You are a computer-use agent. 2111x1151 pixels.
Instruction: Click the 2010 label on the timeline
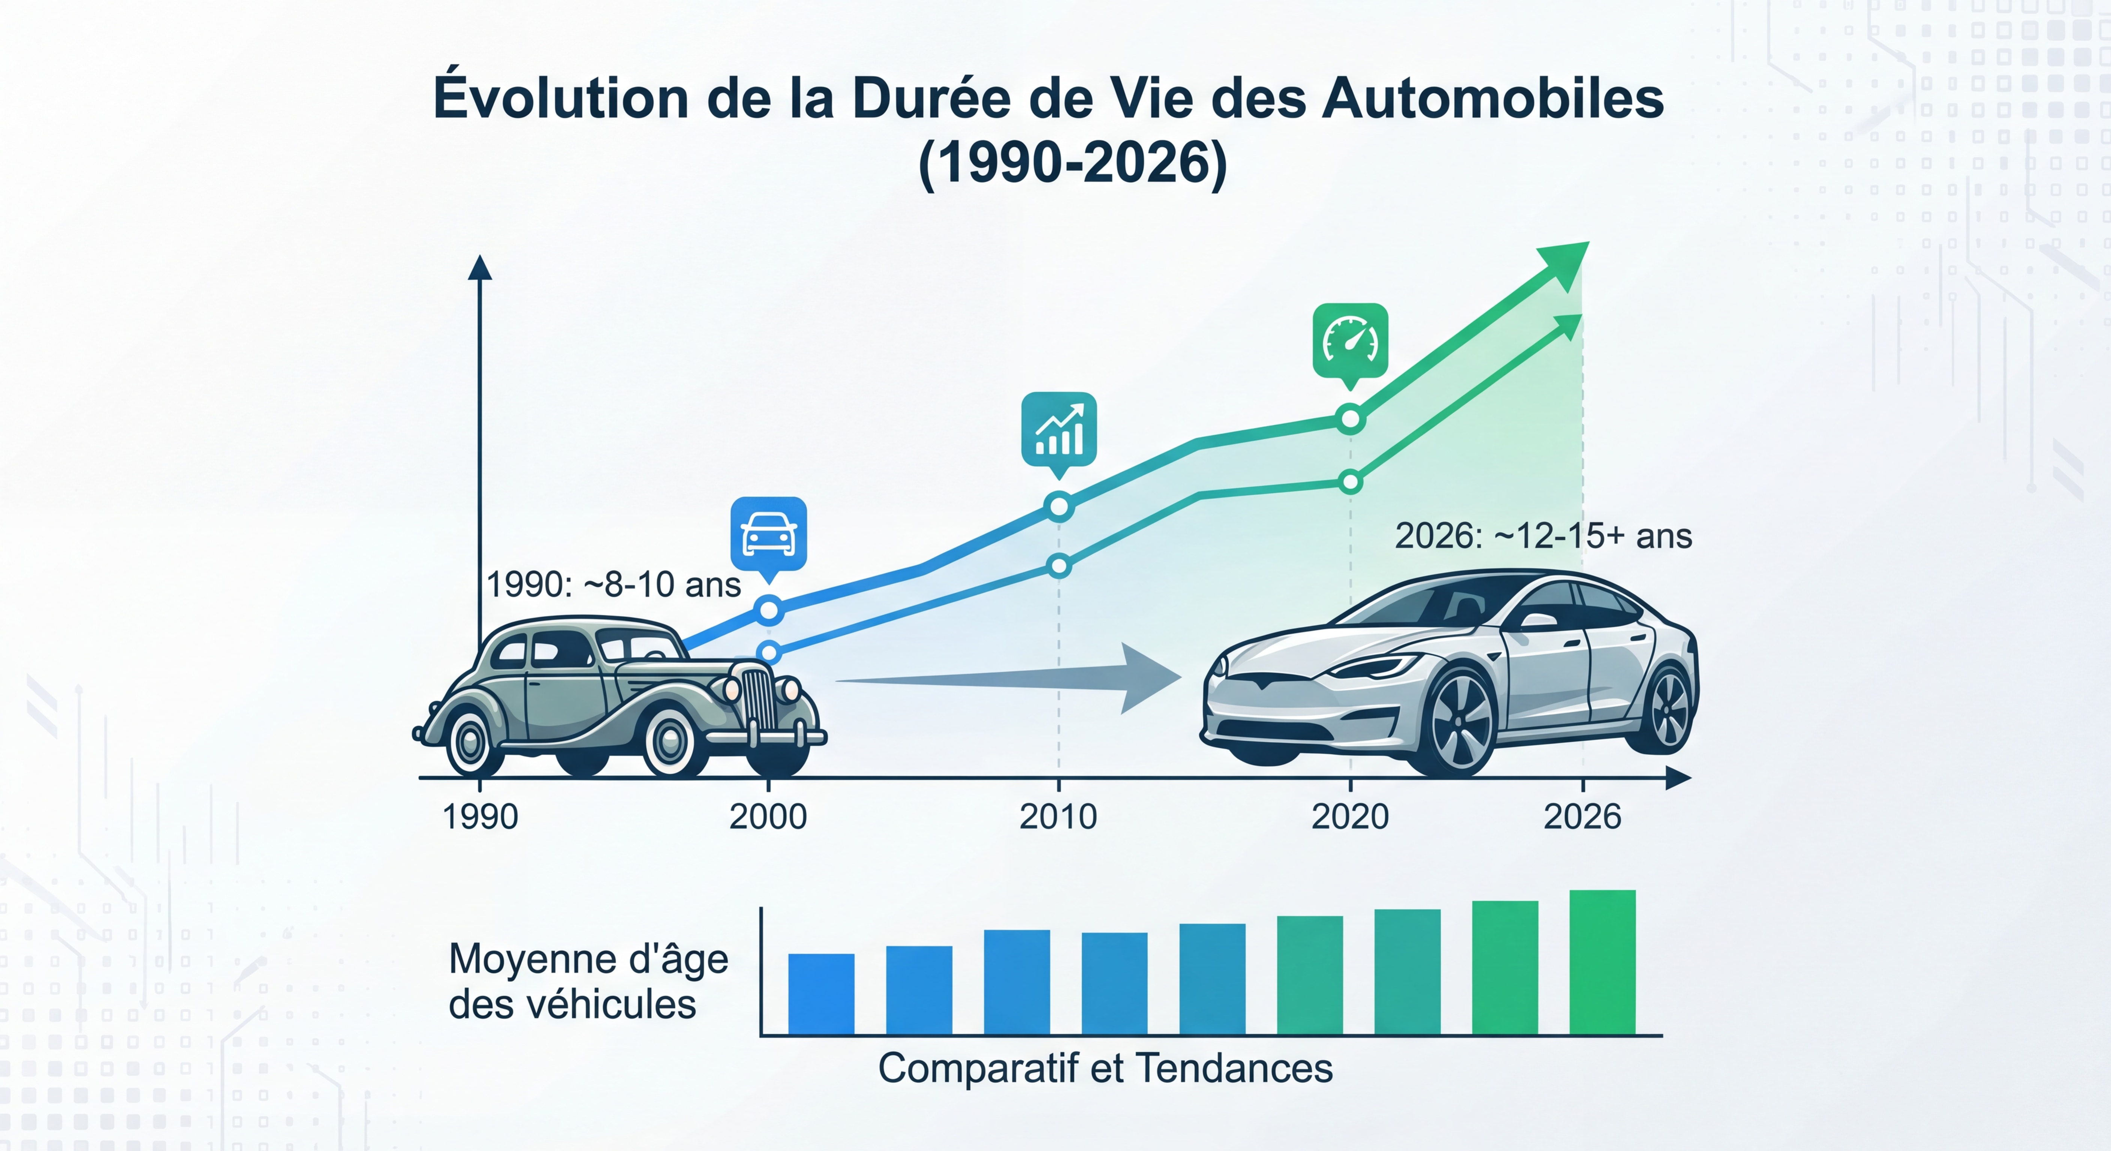pyautogui.click(x=1058, y=817)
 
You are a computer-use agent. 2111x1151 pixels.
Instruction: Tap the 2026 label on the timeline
pyautogui.click(x=1583, y=817)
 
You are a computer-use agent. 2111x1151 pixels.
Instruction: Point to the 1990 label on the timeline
pyautogui.click(x=480, y=817)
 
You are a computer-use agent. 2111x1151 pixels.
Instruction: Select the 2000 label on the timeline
pyautogui.click(x=768, y=817)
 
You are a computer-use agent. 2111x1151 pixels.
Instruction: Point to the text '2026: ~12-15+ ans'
pyautogui.click(x=1543, y=536)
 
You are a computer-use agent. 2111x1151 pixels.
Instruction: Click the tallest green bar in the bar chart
pyautogui.click(x=1602, y=963)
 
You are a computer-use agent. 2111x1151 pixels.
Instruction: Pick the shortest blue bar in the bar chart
pyautogui.click(x=821, y=994)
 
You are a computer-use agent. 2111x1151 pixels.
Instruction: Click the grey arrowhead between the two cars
pyautogui.click(x=1147, y=678)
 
